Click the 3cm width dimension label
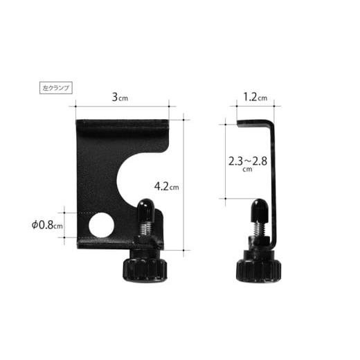point(120,97)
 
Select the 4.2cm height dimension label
point(166,186)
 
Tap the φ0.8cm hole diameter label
point(47,225)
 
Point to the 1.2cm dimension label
point(255,97)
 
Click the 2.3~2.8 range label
point(248,161)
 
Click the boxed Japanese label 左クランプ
point(56,88)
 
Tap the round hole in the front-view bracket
point(101,225)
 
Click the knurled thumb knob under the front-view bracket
point(145,269)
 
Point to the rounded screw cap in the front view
point(145,210)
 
